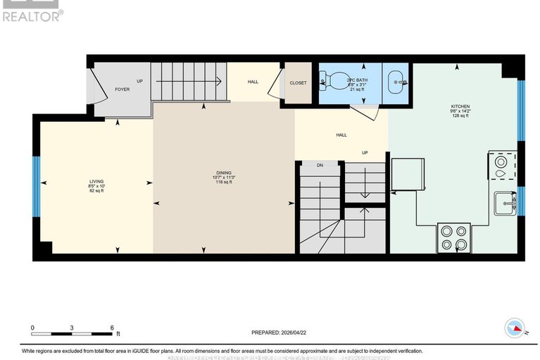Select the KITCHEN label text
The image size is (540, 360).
(460, 106)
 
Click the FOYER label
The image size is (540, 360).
(123, 89)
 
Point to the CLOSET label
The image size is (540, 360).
(298, 82)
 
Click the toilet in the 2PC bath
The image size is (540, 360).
(330, 82)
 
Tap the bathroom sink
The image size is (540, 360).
(398, 82)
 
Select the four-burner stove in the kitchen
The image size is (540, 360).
(453, 237)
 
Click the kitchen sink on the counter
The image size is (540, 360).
(504, 204)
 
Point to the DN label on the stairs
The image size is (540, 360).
(319, 165)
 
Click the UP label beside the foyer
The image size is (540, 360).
(139, 81)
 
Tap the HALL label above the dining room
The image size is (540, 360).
(253, 82)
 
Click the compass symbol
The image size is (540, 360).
(515, 328)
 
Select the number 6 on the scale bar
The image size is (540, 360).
(112, 328)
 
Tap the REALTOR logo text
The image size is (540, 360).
(32, 15)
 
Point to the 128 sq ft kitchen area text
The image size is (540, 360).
(460, 116)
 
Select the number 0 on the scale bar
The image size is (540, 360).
(32, 328)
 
